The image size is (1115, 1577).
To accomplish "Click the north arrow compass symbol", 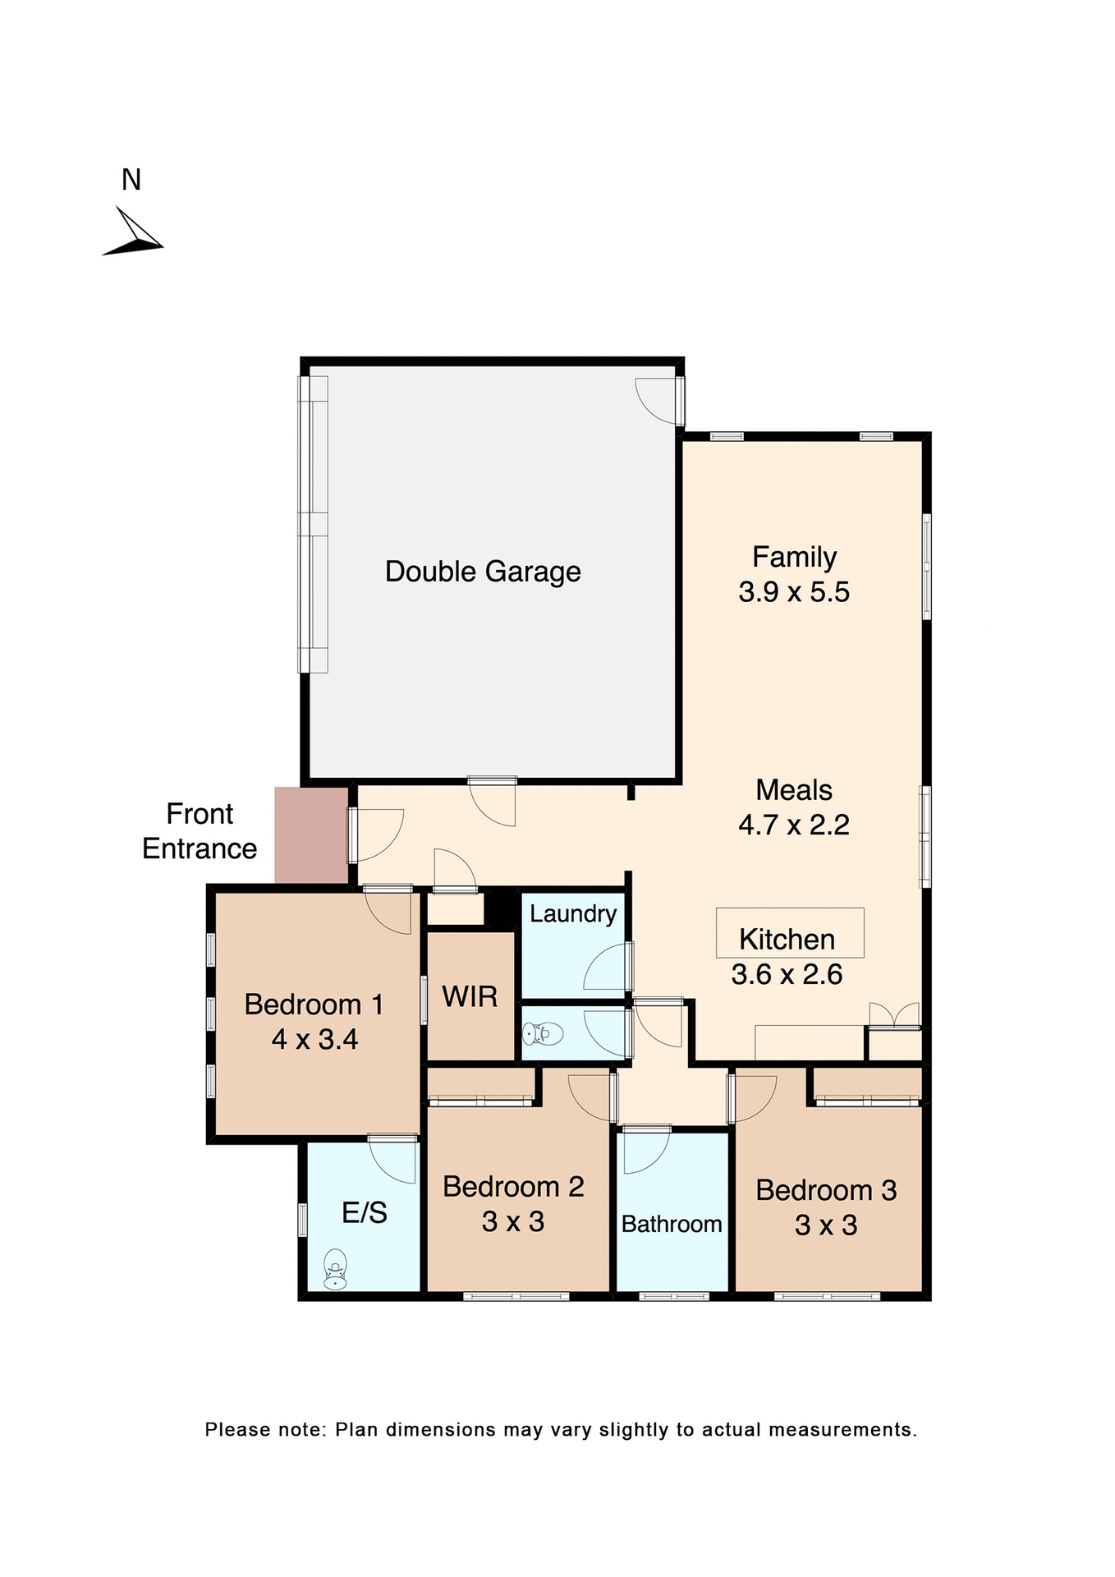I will pyautogui.click(x=133, y=234).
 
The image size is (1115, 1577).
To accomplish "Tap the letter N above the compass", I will pyautogui.click(x=131, y=180).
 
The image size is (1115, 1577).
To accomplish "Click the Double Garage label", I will pyautogui.click(x=483, y=572).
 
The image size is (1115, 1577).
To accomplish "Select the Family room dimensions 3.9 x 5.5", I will pyautogui.click(x=793, y=592).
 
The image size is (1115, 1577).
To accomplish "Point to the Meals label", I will pyautogui.click(x=793, y=790).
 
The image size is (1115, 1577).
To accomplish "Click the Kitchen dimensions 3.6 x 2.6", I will pyautogui.click(x=787, y=975).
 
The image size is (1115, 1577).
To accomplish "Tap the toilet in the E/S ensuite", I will pyautogui.click(x=335, y=1269).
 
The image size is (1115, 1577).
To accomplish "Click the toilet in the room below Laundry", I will pyautogui.click(x=543, y=1033).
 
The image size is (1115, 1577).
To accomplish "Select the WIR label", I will pyautogui.click(x=470, y=997).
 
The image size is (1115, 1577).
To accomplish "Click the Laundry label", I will pyautogui.click(x=572, y=913).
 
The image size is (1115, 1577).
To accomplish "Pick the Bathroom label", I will pyautogui.click(x=671, y=1224).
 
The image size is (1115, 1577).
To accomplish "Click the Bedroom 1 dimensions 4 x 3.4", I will pyautogui.click(x=314, y=1040).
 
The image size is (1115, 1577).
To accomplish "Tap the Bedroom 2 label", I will pyautogui.click(x=513, y=1187).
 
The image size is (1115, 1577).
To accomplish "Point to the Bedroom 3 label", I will pyautogui.click(x=826, y=1190).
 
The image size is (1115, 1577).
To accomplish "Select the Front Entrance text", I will pyautogui.click(x=200, y=831).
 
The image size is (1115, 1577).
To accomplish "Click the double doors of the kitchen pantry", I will pyautogui.click(x=894, y=1015).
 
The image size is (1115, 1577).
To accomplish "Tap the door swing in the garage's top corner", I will pyautogui.click(x=658, y=399).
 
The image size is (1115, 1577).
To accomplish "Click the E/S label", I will pyautogui.click(x=364, y=1212).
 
